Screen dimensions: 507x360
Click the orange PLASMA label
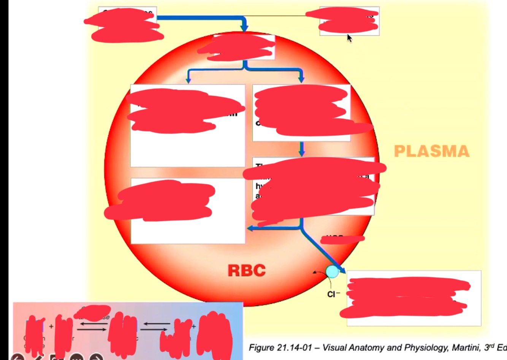point(432,151)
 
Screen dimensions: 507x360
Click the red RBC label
point(247,270)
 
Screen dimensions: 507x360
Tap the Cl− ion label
point(333,294)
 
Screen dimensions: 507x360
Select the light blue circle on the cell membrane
point(332,272)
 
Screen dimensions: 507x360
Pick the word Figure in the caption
point(261,347)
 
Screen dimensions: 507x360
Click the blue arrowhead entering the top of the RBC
point(244,28)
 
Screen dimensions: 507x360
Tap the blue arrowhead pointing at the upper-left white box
point(188,80)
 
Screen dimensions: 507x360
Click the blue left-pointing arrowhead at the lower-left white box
point(250,228)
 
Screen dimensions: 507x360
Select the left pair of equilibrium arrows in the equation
point(93,326)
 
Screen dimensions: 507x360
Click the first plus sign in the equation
point(51,326)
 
